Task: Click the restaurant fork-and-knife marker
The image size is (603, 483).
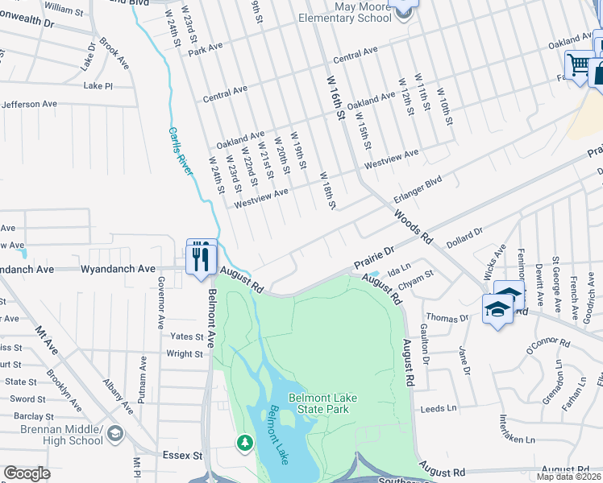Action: pyautogui.click(x=202, y=256)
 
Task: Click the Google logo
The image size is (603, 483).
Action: pyautogui.click(x=27, y=473)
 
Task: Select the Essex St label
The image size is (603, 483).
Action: pyautogui.click(x=185, y=456)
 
